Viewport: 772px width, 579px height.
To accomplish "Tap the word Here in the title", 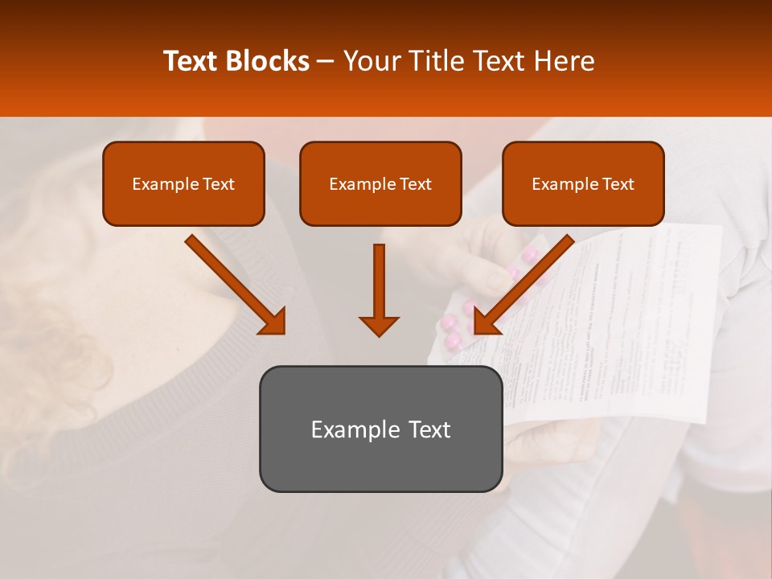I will coord(563,61).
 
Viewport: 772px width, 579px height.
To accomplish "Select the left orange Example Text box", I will coord(183,183).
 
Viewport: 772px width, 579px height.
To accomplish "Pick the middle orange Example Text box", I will coord(380,183).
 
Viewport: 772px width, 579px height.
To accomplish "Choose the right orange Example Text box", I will coord(583,183).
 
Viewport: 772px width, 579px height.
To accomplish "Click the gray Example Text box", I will coord(380,429).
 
